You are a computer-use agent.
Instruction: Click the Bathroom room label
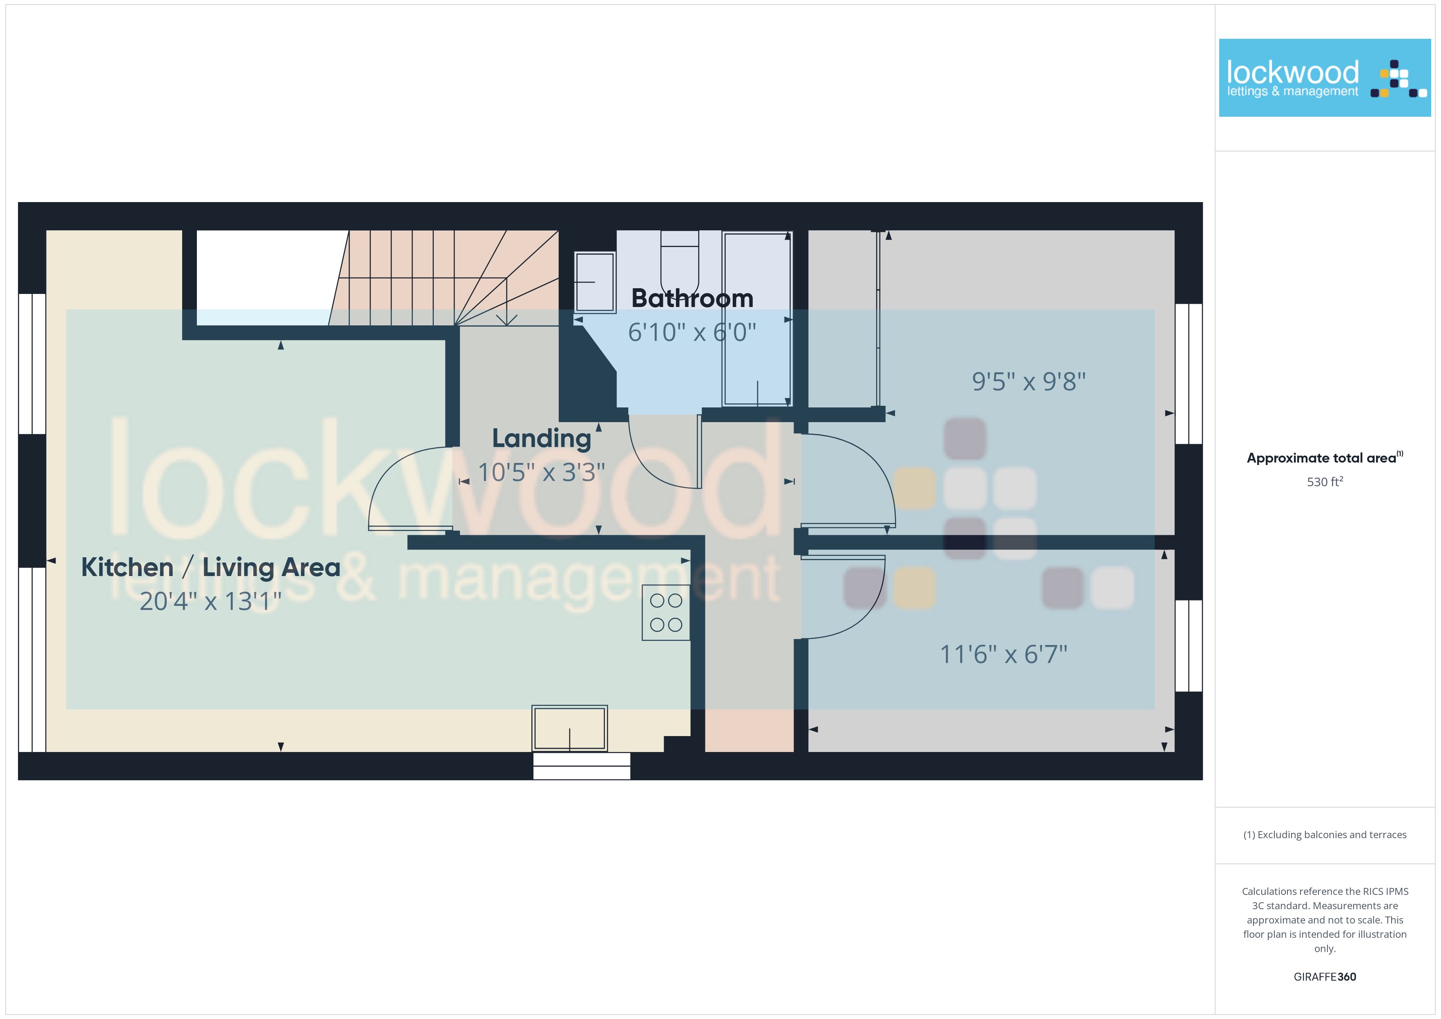pyautogui.click(x=692, y=299)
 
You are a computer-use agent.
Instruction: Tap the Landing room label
pyautogui.click(x=542, y=438)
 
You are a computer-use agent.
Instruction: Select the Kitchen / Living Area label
pyautogui.click(x=211, y=567)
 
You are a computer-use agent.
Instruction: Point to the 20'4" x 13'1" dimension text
pyautogui.click(x=210, y=601)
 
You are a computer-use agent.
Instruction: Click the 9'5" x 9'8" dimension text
pyautogui.click(x=1028, y=381)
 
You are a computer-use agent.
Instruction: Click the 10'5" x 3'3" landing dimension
pyautogui.click(x=542, y=472)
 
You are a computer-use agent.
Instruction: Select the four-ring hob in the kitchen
pyautogui.click(x=666, y=612)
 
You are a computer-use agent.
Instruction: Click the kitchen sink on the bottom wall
pyautogui.click(x=570, y=728)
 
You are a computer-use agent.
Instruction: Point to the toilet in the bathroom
pyautogui.click(x=680, y=264)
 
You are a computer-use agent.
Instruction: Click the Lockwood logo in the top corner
pyautogui.click(x=1325, y=78)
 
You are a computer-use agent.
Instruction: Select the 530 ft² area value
pyautogui.click(x=1325, y=482)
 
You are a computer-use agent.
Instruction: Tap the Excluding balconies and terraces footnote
pyautogui.click(x=1325, y=834)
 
